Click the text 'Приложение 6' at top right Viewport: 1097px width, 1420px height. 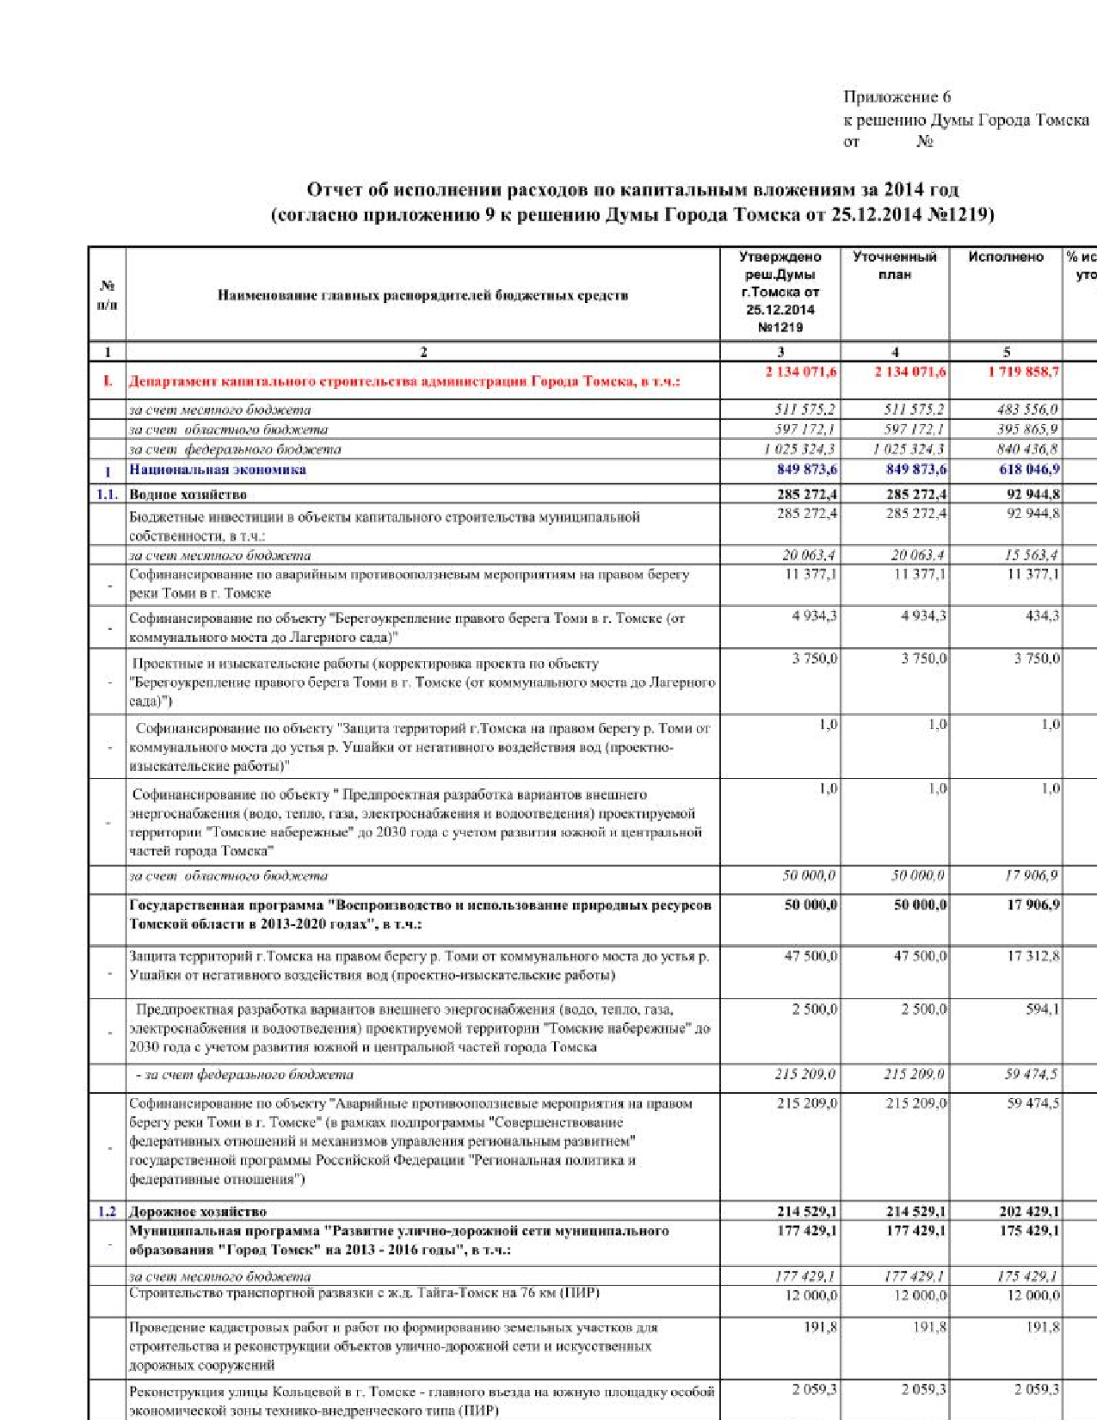coord(897,97)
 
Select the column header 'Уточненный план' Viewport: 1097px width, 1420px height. coord(894,265)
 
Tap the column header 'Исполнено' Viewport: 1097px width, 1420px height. coord(1005,256)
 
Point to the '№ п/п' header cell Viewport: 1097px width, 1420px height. coord(107,294)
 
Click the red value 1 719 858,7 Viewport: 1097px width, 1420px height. coord(1023,372)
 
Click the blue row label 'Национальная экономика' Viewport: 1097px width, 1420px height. coord(218,470)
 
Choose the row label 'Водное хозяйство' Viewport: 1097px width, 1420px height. coord(188,495)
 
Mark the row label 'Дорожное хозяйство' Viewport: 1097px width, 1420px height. coord(198,1212)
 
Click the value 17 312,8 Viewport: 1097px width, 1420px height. coord(1033,956)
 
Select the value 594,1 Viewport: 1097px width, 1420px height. coord(1042,1009)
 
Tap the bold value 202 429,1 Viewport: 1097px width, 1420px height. coord(1029,1212)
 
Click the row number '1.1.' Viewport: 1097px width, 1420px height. coord(107,495)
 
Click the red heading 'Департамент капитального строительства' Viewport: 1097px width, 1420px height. coord(404,381)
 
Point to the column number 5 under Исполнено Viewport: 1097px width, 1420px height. coord(1006,351)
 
